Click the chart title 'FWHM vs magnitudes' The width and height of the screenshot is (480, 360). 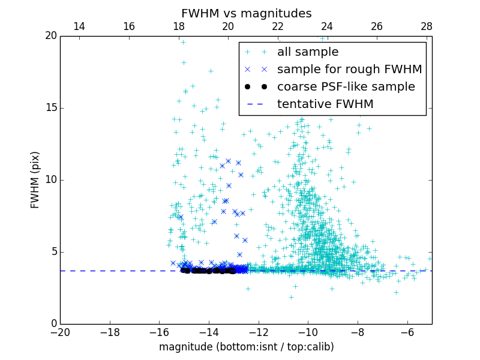(x=246, y=13)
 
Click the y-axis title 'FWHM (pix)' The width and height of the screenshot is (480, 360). (x=35, y=180)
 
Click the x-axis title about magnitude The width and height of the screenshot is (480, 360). (x=246, y=347)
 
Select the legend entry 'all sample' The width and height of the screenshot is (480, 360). (x=308, y=52)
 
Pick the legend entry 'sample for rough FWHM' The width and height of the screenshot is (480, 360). (x=349, y=70)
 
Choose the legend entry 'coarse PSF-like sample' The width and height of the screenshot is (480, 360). (x=346, y=87)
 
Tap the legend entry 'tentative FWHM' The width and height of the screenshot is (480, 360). (x=325, y=104)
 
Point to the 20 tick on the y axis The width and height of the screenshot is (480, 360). (x=50, y=36)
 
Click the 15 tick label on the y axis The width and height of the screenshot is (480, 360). (x=50, y=108)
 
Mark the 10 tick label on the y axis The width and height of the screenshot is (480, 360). (x=50, y=180)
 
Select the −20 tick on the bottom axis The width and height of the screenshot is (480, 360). (x=60, y=332)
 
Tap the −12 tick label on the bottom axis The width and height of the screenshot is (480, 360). (x=258, y=332)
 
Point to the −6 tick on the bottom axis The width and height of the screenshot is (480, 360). (x=407, y=332)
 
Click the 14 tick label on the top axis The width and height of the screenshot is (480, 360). (x=79, y=27)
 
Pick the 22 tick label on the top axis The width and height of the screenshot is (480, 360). (x=277, y=27)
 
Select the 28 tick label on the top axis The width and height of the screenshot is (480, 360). (x=426, y=27)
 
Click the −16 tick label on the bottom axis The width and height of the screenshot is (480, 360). (x=159, y=332)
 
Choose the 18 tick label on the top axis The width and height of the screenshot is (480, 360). (x=178, y=27)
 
